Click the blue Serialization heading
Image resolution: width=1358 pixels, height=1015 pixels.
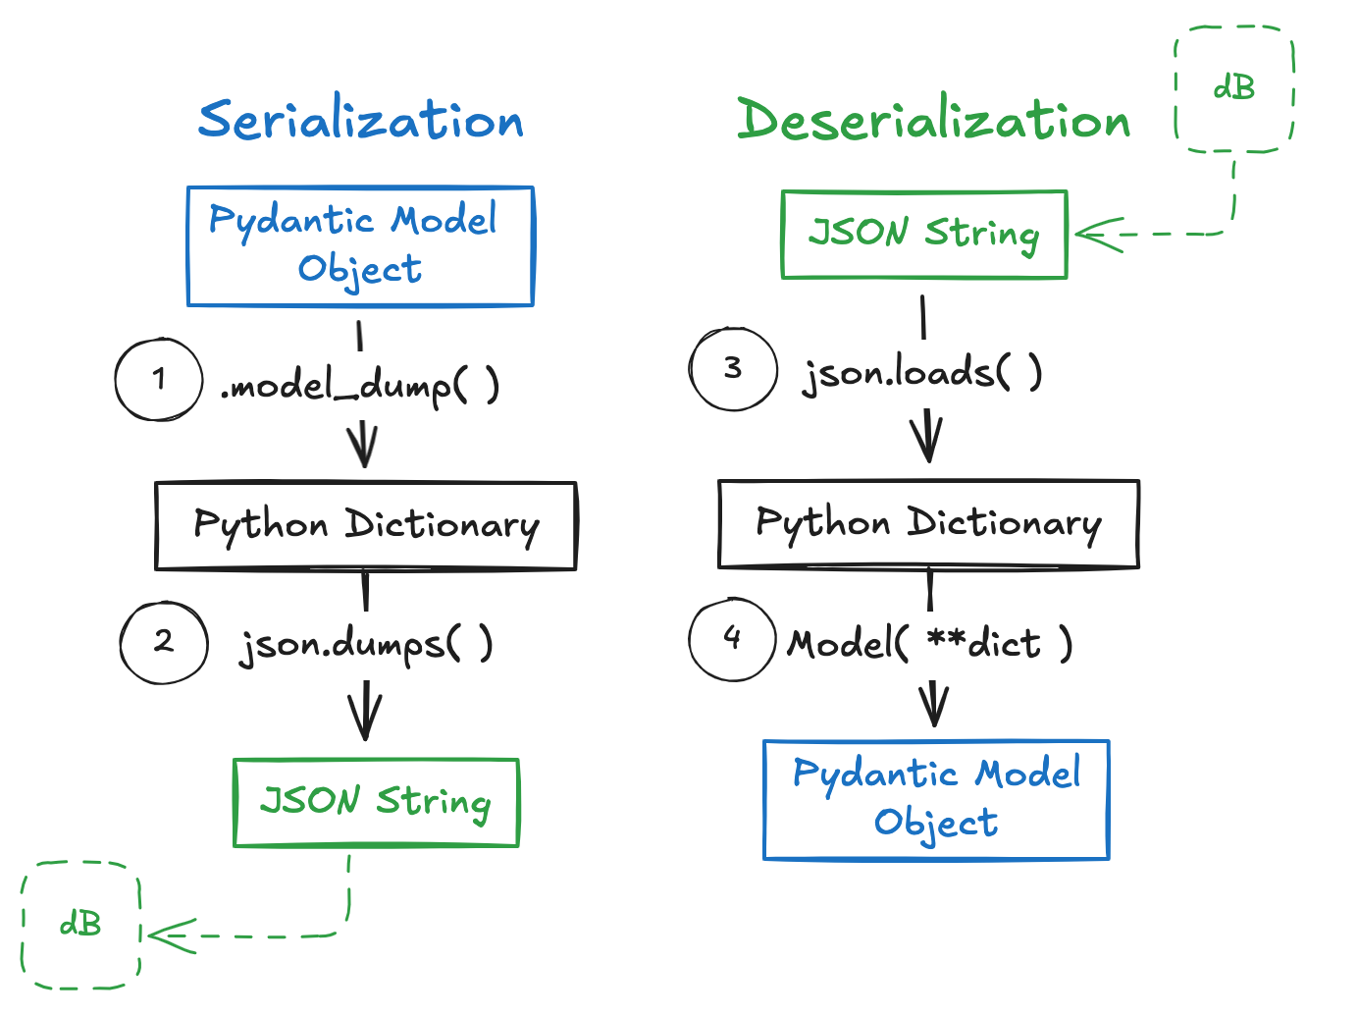coord(360,120)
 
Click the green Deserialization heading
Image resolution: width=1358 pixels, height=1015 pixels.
coord(933,120)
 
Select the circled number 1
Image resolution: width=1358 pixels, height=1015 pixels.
coord(159,380)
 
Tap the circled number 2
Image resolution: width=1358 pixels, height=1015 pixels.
coord(164,642)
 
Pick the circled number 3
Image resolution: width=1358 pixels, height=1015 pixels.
coord(733,368)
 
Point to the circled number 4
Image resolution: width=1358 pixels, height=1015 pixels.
coord(732,639)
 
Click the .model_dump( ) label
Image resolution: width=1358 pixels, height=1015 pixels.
coord(360,385)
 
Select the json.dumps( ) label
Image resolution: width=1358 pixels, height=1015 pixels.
coord(366,644)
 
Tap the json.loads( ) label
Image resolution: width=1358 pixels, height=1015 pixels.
coord(922,373)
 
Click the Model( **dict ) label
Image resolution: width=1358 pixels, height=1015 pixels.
coord(930,643)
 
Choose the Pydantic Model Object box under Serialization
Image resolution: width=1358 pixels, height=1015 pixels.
coord(360,245)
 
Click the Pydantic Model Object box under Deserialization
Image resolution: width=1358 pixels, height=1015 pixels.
coord(936,799)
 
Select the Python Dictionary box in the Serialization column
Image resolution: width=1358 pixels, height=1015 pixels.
coord(365,525)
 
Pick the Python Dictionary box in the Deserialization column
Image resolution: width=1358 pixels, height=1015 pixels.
coord(928,523)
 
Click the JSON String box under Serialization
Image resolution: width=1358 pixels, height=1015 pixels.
coord(376,802)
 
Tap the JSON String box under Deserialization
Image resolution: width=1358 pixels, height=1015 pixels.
coord(923,235)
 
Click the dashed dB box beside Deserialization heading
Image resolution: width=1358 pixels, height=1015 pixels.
coord(1233,89)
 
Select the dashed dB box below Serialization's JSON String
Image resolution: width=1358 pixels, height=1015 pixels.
coord(80,925)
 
